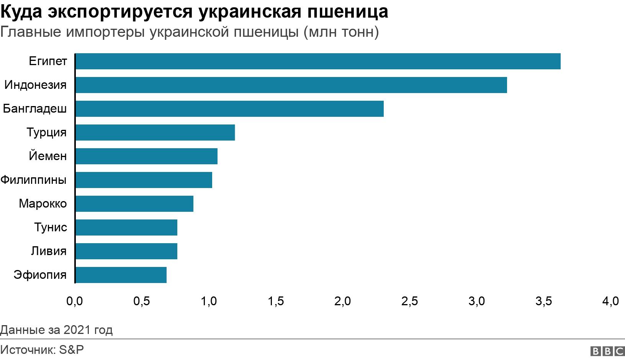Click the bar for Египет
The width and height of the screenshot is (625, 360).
(318, 61)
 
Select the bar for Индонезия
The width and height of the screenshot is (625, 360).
(291, 85)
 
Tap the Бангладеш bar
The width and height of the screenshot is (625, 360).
(229, 109)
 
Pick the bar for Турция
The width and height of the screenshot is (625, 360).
(155, 133)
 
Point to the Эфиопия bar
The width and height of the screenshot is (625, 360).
(121, 275)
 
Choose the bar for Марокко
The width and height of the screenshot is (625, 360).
(134, 204)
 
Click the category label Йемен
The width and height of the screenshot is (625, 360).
(48, 156)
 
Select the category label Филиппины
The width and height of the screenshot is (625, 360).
(33, 180)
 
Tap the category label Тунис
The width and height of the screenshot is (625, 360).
(51, 227)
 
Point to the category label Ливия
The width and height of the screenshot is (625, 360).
(49, 251)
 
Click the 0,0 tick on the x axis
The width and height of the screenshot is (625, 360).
(74, 301)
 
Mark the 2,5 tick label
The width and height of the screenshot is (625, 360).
(409, 301)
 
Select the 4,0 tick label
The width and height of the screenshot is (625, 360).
(610, 301)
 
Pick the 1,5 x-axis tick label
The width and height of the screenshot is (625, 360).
(276, 301)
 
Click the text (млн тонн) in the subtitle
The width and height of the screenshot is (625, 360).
(341, 32)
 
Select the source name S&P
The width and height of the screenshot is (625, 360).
(71, 350)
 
